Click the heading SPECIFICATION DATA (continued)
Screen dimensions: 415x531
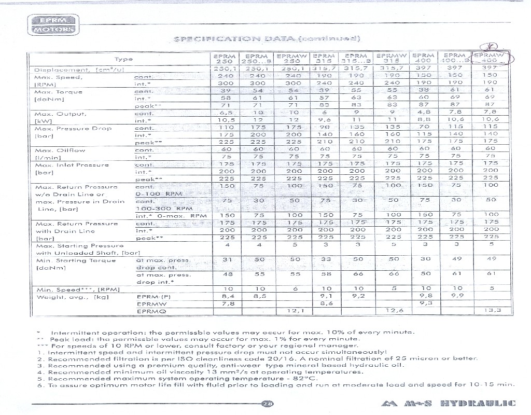pos(268,38)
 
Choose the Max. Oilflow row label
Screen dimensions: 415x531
pos(55,150)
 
